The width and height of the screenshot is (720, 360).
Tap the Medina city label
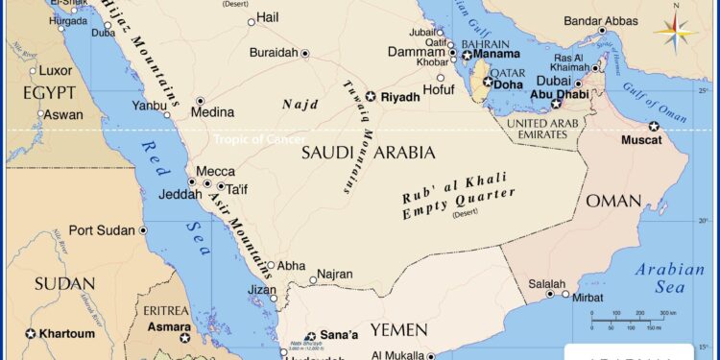[212, 112]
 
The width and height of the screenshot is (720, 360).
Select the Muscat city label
[641, 140]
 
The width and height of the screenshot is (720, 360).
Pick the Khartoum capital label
[67, 334]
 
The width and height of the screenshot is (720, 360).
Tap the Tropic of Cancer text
[259, 139]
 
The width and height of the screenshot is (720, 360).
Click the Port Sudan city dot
[143, 230]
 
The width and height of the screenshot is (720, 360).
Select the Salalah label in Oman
[547, 283]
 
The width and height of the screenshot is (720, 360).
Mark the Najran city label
[336, 274]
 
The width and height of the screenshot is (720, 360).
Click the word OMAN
[613, 201]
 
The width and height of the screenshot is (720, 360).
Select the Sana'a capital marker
[310, 337]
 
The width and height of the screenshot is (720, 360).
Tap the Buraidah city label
[274, 53]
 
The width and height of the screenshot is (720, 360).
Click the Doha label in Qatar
[509, 84]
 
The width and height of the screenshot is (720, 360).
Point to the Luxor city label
[56, 70]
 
